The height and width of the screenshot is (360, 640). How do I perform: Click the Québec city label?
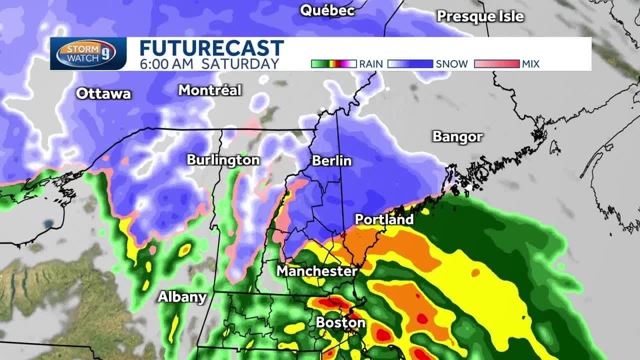pos(327,10)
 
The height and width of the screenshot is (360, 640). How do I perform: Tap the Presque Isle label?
pos(480,16)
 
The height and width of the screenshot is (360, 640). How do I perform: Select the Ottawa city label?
pos(104,93)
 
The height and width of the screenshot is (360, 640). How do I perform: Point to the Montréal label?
pos(210,90)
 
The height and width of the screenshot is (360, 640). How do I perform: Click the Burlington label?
pos(223,160)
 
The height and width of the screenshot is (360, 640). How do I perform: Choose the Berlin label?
pos(331,161)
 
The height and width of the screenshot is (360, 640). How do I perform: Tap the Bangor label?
pos(457,137)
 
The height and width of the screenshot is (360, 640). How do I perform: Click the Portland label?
pos(384,219)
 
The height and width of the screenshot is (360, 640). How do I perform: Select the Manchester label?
pos(317,271)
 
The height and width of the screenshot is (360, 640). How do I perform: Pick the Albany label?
pos(182,297)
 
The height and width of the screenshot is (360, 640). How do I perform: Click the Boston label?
pos(340,323)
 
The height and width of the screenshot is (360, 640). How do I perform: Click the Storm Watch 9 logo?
pos(88,53)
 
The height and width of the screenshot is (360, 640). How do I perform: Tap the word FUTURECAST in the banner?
pos(211,48)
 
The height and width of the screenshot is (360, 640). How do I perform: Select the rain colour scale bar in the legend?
pos(333,64)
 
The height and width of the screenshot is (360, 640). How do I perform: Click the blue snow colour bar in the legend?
pos(410,64)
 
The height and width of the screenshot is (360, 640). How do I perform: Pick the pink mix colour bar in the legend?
pos(496,64)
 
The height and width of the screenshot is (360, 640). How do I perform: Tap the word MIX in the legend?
pos(531,64)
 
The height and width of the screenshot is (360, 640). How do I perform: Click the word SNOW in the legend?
pos(452,64)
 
